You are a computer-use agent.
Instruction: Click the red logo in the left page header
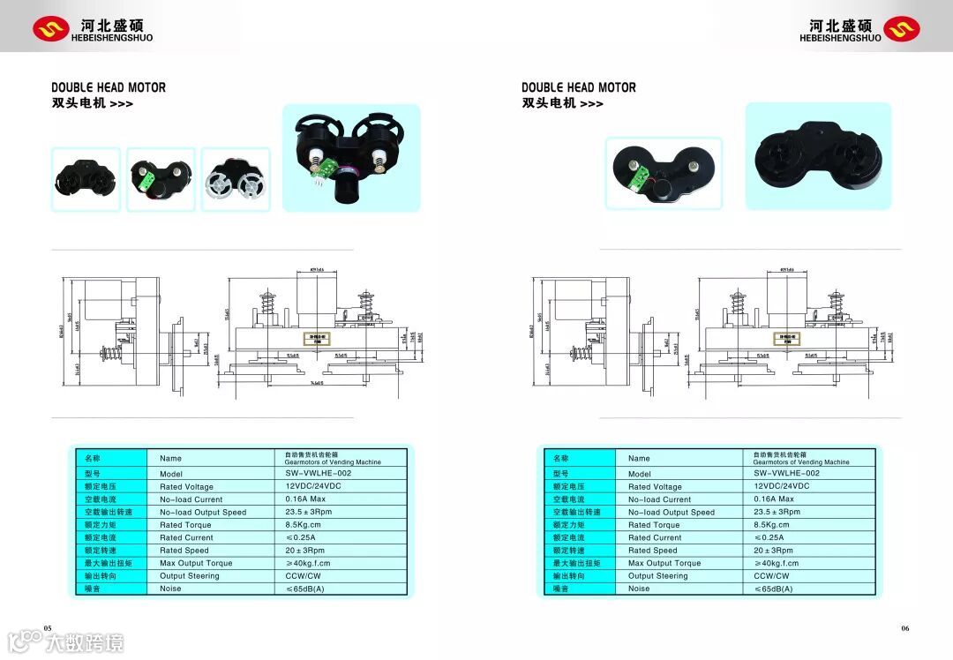[50, 29]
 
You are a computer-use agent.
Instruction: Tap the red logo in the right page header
[901, 29]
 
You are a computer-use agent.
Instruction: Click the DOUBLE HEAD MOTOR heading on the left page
[109, 87]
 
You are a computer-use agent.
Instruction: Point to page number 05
[48, 627]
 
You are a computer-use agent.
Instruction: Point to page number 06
[904, 627]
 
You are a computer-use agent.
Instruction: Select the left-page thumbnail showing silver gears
[236, 179]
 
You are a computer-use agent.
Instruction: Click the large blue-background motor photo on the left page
[351, 158]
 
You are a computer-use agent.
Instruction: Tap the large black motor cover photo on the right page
[818, 157]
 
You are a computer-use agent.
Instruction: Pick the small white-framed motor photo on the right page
[664, 173]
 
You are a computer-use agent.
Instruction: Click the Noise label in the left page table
[170, 589]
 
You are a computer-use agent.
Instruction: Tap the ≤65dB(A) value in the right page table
[773, 589]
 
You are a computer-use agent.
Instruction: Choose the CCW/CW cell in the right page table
[770, 575]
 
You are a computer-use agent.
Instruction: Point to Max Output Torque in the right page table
[664, 563]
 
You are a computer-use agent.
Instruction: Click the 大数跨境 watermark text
[85, 641]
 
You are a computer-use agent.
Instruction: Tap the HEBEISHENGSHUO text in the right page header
[840, 38]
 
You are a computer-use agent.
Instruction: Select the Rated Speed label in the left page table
[184, 551]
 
